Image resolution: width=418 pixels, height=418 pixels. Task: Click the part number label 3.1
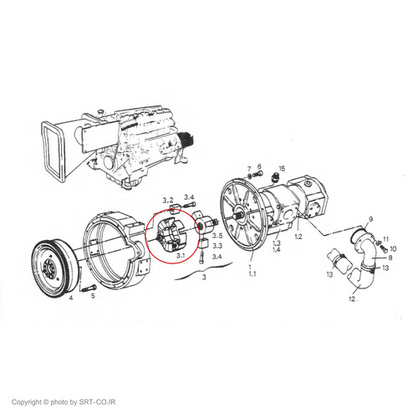click(x=181, y=255)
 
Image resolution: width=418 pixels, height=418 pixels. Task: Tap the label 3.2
click(x=168, y=200)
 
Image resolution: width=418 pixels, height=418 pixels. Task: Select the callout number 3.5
click(x=217, y=236)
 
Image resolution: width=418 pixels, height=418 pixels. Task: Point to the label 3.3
click(x=217, y=246)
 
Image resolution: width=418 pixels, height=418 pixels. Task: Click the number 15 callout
click(x=282, y=169)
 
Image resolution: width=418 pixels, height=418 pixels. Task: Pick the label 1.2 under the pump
click(x=298, y=237)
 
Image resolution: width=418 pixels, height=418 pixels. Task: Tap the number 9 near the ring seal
click(x=370, y=219)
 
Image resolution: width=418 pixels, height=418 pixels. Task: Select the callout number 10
click(x=393, y=248)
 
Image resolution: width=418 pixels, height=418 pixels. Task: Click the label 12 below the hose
click(x=352, y=298)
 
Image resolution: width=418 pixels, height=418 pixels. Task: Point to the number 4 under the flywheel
click(x=71, y=298)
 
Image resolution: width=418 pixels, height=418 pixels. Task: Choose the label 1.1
click(x=252, y=274)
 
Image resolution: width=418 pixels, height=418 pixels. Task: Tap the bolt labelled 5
click(x=89, y=288)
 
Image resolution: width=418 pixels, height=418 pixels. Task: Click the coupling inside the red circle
click(x=169, y=233)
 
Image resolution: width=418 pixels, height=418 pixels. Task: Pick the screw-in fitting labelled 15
click(x=274, y=178)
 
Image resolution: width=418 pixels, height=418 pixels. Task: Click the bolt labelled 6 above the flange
click(x=259, y=174)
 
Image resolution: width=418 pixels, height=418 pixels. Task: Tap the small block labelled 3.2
click(x=175, y=207)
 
